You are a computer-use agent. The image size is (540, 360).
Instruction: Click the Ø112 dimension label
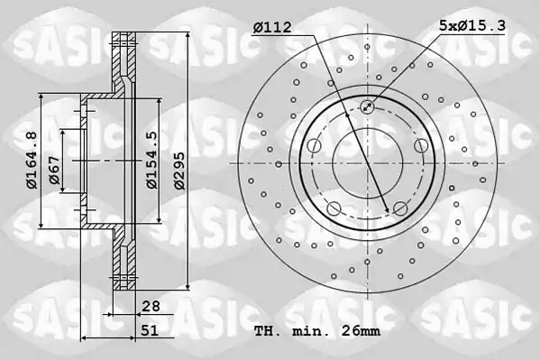click(272, 27)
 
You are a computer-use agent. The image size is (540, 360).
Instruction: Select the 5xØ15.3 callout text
click(471, 25)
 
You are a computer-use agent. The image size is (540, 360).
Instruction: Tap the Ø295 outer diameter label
click(179, 171)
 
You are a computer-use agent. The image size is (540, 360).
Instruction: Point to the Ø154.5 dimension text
click(151, 160)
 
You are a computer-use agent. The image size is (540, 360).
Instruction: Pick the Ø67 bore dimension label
click(54, 170)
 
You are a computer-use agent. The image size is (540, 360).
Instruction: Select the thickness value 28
click(151, 306)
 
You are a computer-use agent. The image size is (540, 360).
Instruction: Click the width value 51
click(150, 331)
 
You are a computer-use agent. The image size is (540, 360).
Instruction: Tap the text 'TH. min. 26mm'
click(317, 331)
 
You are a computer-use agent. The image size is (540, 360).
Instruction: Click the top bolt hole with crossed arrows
click(367, 106)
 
